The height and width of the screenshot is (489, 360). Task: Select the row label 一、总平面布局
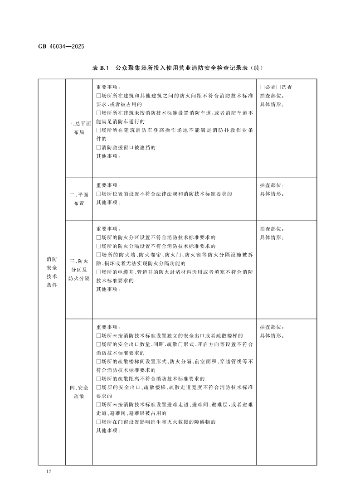(x=79, y=128)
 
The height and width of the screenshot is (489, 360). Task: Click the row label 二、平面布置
(x=79, y=199)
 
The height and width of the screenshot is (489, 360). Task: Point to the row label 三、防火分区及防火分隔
(x=79, y=270)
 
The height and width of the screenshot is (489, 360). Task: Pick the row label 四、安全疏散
(x=79, y=392)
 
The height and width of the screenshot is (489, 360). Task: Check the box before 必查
(x=262, y=87)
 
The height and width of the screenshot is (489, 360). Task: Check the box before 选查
(x=279, y=87)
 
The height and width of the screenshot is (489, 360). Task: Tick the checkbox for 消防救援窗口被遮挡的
(x=98, y=148)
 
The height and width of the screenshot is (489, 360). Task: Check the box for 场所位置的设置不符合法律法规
(x=98, y=194)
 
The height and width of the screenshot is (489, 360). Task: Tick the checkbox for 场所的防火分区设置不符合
(x=98, y=237)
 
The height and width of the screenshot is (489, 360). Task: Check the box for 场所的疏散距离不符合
(x=98, y=379)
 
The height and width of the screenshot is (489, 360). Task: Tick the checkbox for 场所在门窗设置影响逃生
(x=98, y=422)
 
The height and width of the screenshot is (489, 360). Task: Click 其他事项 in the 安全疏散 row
(x=108, y=431)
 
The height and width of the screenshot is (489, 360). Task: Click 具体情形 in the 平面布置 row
(x=272, y=194)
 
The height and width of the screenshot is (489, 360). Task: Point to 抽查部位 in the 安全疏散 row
(x=272, y=327)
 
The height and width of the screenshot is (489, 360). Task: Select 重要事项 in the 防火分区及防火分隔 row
(x=108, y=228)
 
